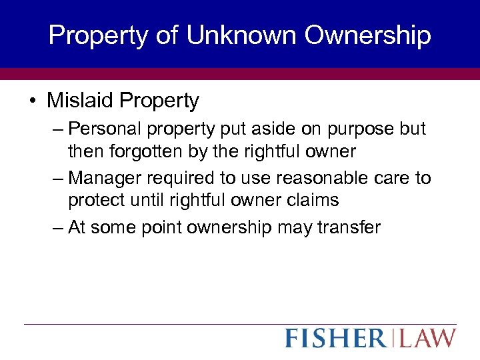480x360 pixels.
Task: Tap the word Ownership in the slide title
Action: [x=369, y=35]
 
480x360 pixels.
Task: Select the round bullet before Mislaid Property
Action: [x=32, y=101]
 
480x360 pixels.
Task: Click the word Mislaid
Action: [x=80, y=101]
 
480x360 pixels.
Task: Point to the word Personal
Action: [x=99, y=128]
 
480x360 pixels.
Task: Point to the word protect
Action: [x=95, y=200]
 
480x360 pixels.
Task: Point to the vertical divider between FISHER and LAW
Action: [x=393, y=338]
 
